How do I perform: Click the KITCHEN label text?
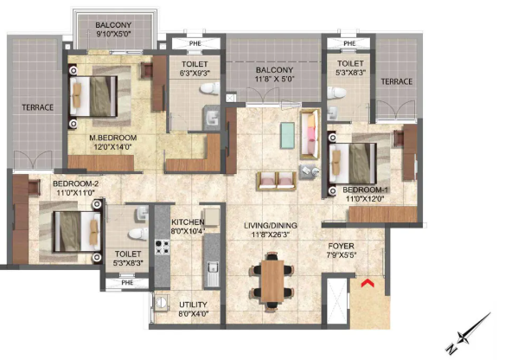point(187,222)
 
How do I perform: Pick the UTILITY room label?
point(192,305)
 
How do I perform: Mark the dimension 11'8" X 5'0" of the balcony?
point(273,80)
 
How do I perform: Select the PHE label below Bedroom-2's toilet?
point(128,282)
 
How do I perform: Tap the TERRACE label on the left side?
point(39,107)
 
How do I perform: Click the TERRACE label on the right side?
point(398,80)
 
